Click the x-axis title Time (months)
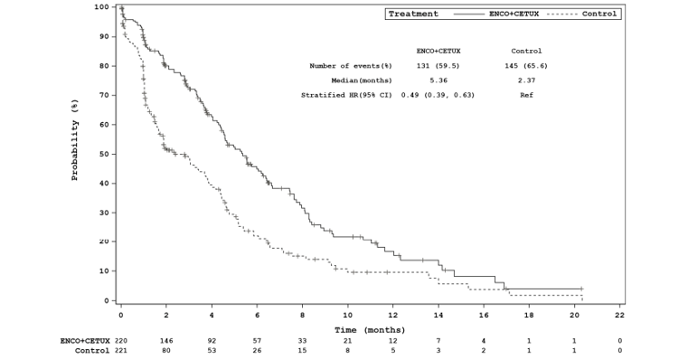pyautogui.click(x=369, y=329)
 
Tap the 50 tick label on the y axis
pyautogui.click(x=107, y=154)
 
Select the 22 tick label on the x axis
pyautogui.click(x=619, y=316)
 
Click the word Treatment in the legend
pyautogui.click(x=413, y=14)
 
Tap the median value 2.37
pyautogui.click(x=526, y=80)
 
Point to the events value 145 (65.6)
pyautogui.click(x=526, y=65)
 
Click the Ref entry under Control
pyautogui.click(x=526, y=94)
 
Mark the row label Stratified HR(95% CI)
pyautogui.click(x=346, y=94)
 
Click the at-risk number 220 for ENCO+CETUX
pyautogui.click(x=121, y=340)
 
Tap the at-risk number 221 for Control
pyautogui.click(x=121, y=350)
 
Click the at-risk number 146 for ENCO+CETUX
pyautogui.click(x=166, y=340)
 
